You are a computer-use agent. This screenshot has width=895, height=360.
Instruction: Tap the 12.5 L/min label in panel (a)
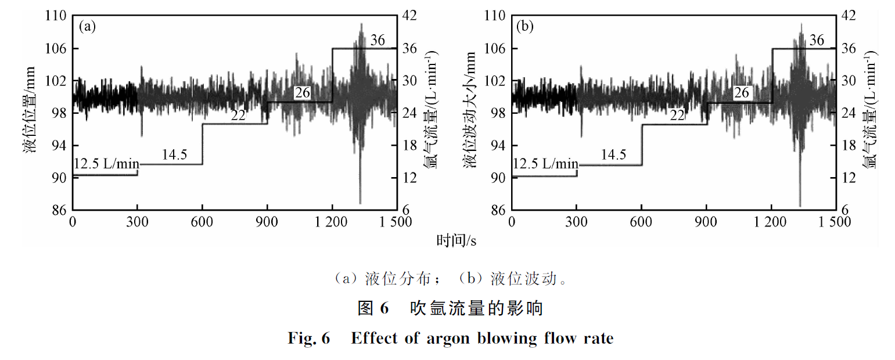coord(106,163)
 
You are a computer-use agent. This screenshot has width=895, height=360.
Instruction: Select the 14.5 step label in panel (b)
coord(613,154)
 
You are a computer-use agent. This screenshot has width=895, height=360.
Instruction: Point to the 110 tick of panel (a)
coord(57,16)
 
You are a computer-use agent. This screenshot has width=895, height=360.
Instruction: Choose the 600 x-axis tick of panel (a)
coord(202,222)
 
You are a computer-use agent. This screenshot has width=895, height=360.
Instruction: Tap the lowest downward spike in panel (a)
coord(360,203)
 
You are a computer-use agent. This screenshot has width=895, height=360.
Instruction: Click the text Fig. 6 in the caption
coord(308,338)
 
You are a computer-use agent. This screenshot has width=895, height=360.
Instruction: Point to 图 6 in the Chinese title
coord(372,308)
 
